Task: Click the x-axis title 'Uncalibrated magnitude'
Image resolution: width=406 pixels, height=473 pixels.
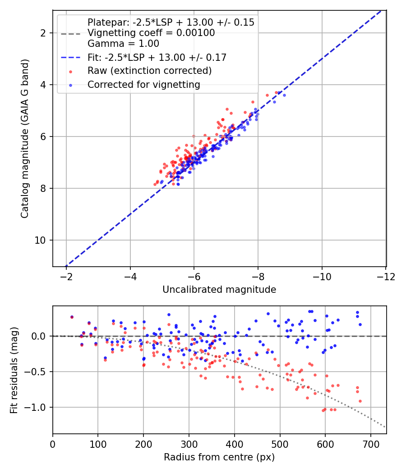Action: (x=219, y=290)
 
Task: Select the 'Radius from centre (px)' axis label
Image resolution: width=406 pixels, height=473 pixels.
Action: (x=219, y=457)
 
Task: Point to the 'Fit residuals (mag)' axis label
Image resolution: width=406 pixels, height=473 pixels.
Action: (x=14, y=370)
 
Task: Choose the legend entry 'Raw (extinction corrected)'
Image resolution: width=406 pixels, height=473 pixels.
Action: (x=149, y=71)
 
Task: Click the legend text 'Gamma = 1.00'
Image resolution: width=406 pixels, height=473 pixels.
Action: (x=123, y=44)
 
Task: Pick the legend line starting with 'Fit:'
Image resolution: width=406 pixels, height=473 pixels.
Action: (x=157, y=57)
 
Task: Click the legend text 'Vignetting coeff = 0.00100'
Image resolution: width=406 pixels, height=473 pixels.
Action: (x=151, y=33)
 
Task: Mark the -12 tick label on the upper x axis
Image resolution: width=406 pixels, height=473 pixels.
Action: (x=385, y=275)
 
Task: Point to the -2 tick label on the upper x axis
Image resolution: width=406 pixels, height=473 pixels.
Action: (x=66, y=275)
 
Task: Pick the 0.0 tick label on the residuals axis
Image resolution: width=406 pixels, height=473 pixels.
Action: (x=39, y=336)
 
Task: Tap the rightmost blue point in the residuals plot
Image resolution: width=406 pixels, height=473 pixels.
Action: (x=360, y=324)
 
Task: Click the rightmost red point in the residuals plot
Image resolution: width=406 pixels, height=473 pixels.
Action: (x=360, y=401)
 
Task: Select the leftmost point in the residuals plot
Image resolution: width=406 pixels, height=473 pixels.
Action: (x=72, y=317)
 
